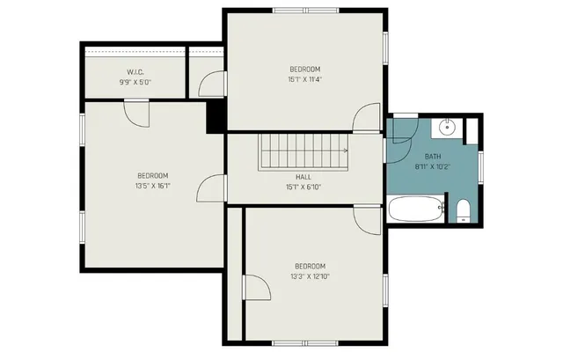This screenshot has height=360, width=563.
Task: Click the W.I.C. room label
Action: [x=135, y=71]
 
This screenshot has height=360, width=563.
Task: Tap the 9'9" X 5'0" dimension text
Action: [x=135, y=82]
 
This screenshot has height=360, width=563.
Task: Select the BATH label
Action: [x=433, y=156]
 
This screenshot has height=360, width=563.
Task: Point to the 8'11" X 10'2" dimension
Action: [x=433, y=166]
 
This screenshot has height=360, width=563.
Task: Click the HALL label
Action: [x=303, y=176]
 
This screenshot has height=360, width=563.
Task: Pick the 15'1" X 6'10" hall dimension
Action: [x=303, y=187]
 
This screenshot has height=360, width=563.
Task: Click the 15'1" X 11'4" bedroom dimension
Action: [x=304, y=79]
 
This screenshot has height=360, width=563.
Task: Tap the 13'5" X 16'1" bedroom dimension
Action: [x=152, y=186]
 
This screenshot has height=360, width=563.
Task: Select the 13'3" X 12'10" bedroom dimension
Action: [x=310, y=276]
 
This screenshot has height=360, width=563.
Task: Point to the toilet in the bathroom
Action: [x=464, y=210]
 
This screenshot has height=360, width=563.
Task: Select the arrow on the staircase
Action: [x=345, y=151]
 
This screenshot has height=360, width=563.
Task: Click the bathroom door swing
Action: [x=401, y=131]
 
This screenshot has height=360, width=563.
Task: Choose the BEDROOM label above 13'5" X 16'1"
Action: [x=152, y=175]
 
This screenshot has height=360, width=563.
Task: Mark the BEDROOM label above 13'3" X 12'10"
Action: [x=310, y=266]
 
